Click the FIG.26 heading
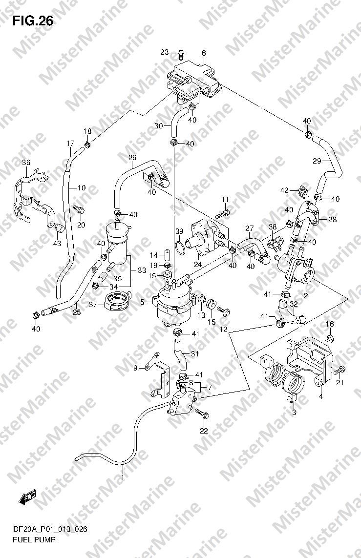click(33, 21)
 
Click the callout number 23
click(165, 52)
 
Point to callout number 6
click(204, 53)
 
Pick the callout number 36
click(26, 163)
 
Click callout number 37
click(93, 305)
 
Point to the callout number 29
click(317, 161)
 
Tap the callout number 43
click(57, 244)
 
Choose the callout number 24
click(197, 265)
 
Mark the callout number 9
click(135, 368)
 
